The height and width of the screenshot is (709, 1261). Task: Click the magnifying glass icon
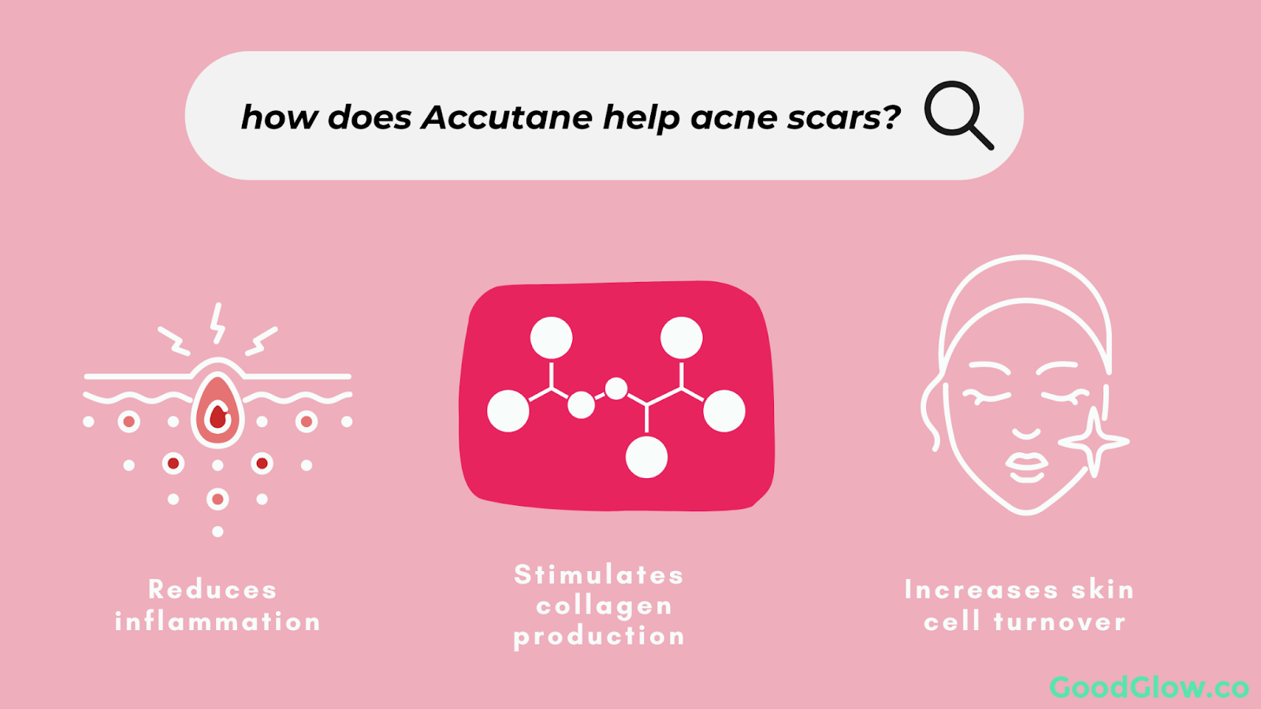pos(958,115)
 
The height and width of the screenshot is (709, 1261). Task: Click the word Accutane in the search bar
pos(507,117)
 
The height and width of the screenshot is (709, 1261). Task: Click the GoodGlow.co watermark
pos(1149,687)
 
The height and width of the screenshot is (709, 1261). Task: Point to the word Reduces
pos(212,590)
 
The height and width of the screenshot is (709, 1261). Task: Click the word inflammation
pos(218,622)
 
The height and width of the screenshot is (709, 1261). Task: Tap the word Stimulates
pos(599,574)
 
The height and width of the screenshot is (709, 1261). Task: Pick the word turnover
pos(1059,622)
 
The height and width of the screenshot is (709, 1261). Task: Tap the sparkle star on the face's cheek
pos(1094,442)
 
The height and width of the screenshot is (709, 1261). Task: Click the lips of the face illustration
pos(1027,468)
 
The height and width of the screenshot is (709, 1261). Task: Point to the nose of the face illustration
pos(1027,432)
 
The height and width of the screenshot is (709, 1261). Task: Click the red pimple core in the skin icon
pos(218,417)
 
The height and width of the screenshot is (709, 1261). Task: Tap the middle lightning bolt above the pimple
pos(218,323)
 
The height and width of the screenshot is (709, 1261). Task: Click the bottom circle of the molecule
pos(647,457)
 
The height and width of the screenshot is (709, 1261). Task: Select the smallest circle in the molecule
pos(616,388)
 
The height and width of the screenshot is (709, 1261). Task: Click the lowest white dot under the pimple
pos(218,532)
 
